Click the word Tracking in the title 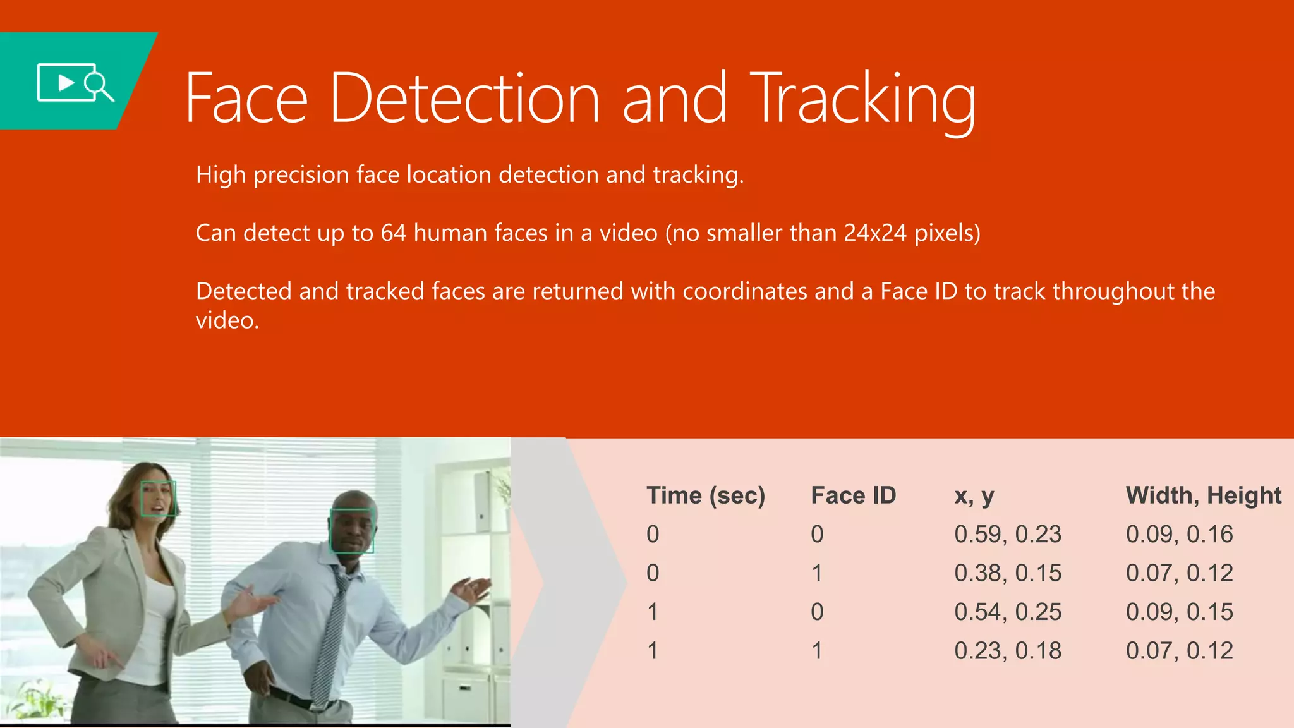(864, 100)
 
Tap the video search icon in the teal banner (75, 82)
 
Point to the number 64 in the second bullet (393, 233)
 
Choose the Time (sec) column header (706, 495)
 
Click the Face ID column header (853, 495)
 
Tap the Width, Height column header (1203, 495)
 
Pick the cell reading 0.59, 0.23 (1007, 535)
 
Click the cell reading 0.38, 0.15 (1007, 573)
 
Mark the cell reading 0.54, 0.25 (1007, 612)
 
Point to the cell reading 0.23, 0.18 (1007, 651)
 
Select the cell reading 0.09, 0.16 (1179, 535)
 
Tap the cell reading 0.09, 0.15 (1179, 612)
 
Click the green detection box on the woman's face (157, 499)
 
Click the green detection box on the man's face (352, 531)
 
